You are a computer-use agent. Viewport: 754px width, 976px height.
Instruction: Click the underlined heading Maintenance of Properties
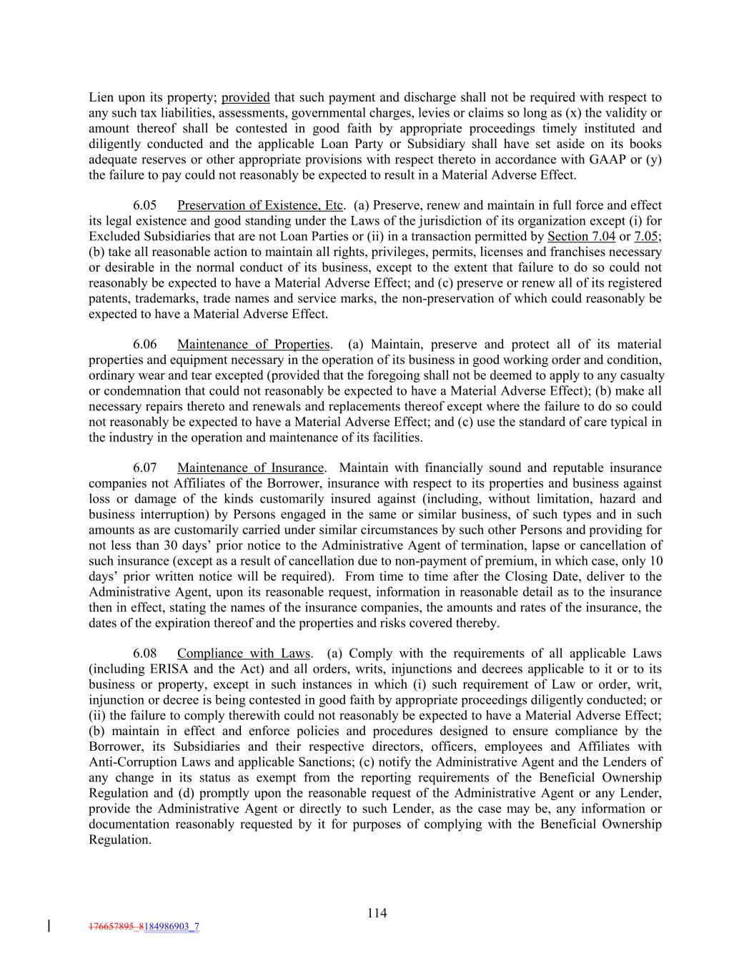tap(253, 344)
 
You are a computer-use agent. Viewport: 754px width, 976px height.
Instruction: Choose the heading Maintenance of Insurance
tap(250, 468)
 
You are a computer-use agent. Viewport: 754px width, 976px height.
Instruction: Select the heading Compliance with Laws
tap(244, 653)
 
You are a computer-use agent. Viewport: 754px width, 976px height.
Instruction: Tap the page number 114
tap(377, 912)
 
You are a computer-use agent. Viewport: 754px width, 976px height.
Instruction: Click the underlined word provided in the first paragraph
tap(245, 97)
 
